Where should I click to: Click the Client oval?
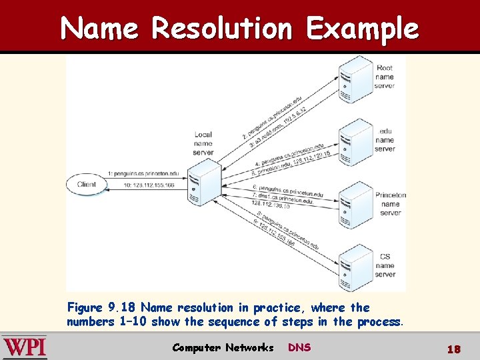(87, 185)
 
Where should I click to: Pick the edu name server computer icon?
(347, 141)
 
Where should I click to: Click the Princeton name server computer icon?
(347, 204)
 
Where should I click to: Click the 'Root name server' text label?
(385, 77)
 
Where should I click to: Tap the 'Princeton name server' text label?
(390, 204)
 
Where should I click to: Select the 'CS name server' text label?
(385, 265)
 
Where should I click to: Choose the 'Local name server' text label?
(203, 143)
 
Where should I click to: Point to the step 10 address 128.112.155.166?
(141, 185)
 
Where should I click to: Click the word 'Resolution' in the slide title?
(221, 29)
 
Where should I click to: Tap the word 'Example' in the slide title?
(363, 29)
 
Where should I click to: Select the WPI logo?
(25, 347)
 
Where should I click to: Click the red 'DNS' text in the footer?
(299, 347)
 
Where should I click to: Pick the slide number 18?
(453, 349)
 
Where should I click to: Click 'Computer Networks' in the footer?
(223, 347)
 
